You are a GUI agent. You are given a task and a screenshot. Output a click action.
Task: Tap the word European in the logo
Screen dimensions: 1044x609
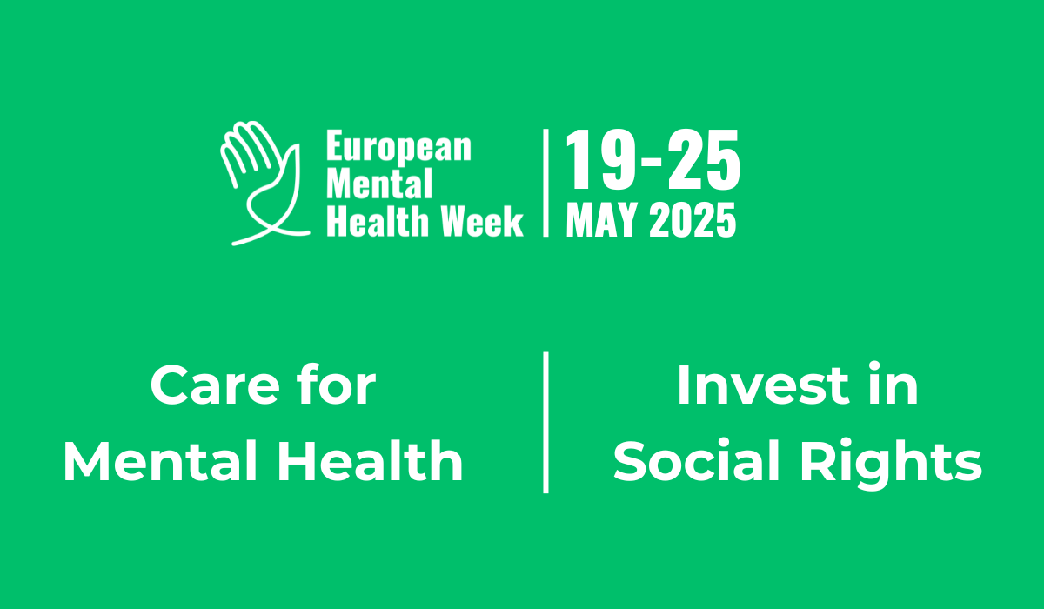[x=399, y=148]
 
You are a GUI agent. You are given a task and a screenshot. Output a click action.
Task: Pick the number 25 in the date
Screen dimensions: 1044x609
[x=703, y=159]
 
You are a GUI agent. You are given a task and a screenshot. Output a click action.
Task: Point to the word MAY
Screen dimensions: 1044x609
[x=602, y=220]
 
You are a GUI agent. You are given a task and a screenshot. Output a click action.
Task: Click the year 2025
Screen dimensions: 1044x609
[x=693, y=220]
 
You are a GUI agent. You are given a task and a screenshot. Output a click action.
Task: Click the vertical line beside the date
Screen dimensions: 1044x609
[x=545, y=183]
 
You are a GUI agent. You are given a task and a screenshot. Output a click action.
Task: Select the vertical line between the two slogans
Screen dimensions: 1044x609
[x=545, y=423]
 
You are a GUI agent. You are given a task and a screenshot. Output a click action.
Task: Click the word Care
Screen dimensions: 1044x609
[x=215, y=385]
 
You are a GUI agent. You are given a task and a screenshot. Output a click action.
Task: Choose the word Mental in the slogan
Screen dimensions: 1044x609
[x=160, y=461]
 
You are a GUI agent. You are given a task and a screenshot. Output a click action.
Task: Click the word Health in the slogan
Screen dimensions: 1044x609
[x=371, y=460]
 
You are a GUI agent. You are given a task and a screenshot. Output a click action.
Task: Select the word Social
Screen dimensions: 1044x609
[x=696, y=460]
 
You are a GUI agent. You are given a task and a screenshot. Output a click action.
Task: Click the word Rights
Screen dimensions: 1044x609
[x=891, y=463]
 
